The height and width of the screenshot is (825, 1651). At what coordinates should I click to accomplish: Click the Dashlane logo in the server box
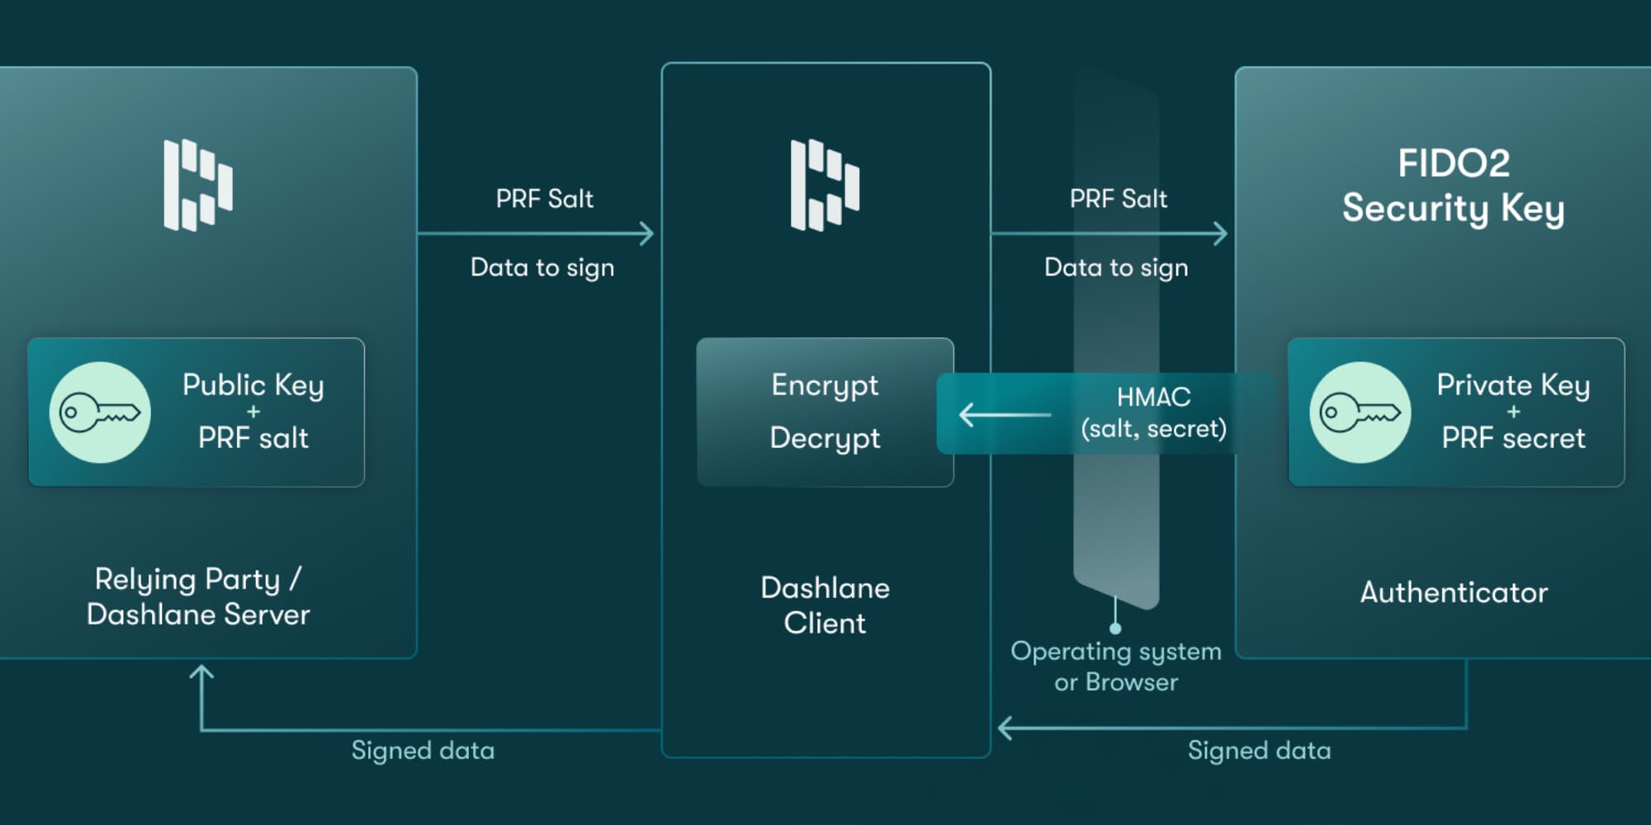coord(198,185)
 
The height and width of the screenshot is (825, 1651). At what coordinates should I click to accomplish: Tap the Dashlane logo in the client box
coord(825,185)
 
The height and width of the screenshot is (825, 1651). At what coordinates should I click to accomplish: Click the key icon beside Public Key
coord(100,412)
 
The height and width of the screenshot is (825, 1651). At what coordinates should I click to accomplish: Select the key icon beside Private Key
coord(1360,412)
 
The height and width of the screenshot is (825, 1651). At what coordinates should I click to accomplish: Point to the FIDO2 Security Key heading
coord(1453,186)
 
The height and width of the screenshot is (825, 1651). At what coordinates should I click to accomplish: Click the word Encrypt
coord(825,385)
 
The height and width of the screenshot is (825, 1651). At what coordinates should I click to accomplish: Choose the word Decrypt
coord(825,438)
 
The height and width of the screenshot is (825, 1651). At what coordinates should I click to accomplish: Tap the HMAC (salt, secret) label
coord(1153,412)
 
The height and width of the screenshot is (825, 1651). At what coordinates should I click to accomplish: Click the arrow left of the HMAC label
coord(1004,414)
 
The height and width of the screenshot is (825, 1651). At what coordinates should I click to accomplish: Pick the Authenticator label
coord(1454,592)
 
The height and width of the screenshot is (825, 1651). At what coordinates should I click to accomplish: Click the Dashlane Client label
coord(825,605)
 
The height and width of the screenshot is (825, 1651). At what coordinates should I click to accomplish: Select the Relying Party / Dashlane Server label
coord(198,596)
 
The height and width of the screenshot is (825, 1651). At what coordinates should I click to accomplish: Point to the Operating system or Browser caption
coord(1116,667)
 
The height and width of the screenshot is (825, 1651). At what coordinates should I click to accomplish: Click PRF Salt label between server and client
coord(544,199)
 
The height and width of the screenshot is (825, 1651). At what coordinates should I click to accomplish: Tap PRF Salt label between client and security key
coord(1118,199)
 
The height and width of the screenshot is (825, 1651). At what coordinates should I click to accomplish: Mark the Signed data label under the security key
coord(1259,751)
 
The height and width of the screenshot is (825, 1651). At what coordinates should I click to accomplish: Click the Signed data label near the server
coord(423,751)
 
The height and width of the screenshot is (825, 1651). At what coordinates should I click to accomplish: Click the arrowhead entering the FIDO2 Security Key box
coord(1221,233)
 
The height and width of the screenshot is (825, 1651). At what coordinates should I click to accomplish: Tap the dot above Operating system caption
coord(1115,629)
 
